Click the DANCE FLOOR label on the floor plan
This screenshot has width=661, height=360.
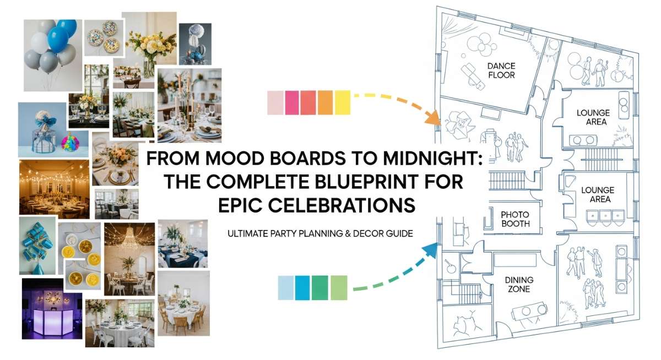click(x=501, y=70)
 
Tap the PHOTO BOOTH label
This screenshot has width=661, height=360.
click(x=515, y=219)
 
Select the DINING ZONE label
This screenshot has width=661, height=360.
click(x=519, y=284)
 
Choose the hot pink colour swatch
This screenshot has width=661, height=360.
click(x=292, y=102)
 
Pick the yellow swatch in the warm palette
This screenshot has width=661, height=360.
click(x=343, y=102)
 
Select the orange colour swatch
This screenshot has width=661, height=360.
click(x=326, y=102)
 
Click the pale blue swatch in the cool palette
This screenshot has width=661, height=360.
click(x=286, y=288)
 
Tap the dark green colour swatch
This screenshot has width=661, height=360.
click(x=320, y=288)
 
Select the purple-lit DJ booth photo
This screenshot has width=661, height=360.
click(x=52, y=308)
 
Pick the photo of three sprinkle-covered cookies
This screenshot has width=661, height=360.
click(x=104, y=37)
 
